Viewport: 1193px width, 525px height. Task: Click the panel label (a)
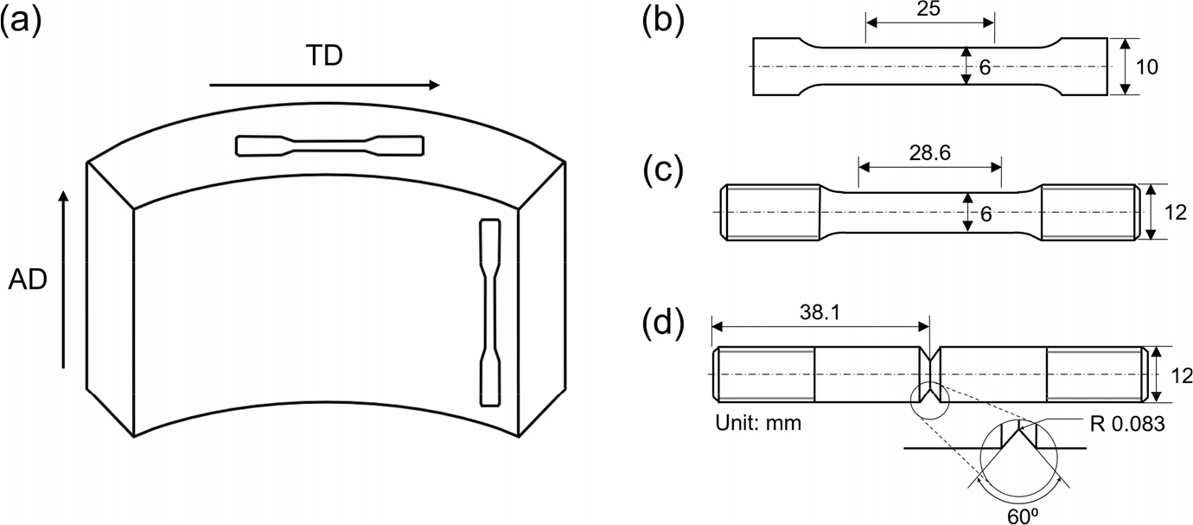pos(20,24)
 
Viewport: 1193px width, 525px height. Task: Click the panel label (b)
pos(664,24)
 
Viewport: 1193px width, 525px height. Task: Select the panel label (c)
pos(663,172)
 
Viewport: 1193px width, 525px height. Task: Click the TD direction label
pos(324,55)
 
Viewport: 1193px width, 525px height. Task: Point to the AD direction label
pos(28,280)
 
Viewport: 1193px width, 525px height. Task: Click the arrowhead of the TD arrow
pos(435,85)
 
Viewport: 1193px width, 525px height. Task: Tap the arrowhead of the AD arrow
pos(63,195)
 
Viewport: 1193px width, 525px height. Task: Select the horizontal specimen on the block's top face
pos(329,145)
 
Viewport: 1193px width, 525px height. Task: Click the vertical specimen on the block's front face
pos(490,312)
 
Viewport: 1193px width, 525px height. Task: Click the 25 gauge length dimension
pos(928,9)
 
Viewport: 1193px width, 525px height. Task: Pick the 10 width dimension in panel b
pos(1146,67)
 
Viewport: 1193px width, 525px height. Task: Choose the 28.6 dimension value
pos(930,153)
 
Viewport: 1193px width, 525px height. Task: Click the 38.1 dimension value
pos(820,312)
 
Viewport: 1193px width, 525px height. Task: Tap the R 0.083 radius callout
pos(1127,424)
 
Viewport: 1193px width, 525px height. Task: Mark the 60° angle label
pos(1023,516)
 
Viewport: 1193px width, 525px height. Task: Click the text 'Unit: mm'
pos(758,423)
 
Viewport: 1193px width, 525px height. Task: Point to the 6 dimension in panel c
pos(986,214)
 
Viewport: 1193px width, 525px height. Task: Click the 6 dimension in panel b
pos(985,67)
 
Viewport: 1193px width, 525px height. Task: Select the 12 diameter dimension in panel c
pos(1176,213)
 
